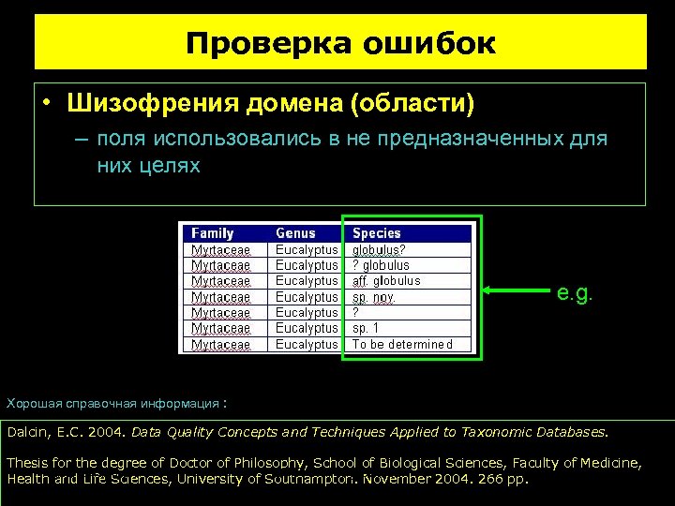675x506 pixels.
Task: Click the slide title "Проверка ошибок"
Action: [x=340, y=43]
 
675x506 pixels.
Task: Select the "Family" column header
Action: [x=213, y=233]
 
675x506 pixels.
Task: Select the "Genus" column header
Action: [x=295, y=233]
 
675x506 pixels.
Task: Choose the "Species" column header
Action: [x=377, y=233]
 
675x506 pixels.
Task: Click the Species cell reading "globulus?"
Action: [x=379, y=250]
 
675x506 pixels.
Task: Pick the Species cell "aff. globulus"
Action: [x=386, y=281]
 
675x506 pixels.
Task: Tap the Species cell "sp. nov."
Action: [x=373, y=297]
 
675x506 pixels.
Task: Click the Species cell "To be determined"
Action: [x=402, y=344]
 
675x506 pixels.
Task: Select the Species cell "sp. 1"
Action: [x=366, y=328]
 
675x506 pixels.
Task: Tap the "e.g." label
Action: [x=575, y=293]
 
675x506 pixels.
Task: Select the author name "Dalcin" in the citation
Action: [x=29, y=432]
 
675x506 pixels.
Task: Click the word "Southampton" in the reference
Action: [x=308, y=479]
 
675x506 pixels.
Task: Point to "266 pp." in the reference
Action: [x=503, y=479]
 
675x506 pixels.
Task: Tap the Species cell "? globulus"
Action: [x=381, y=265]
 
